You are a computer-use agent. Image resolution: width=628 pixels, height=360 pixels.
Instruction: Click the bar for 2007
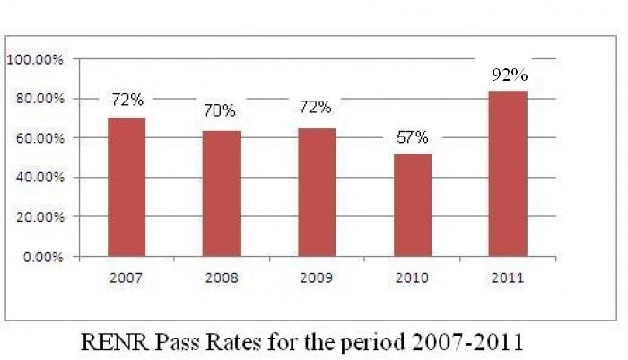click(x=126, y=187)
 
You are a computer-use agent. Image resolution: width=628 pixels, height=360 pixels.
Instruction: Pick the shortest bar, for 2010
click(x=413, y=205)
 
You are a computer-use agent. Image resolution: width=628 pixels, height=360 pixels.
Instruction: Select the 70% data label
click(x=219, y=111)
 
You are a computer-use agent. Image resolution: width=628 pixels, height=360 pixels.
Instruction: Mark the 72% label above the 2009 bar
click(x=315, y=107)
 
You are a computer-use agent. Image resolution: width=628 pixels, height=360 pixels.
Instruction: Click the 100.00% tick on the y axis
click(x=34, y=59)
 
